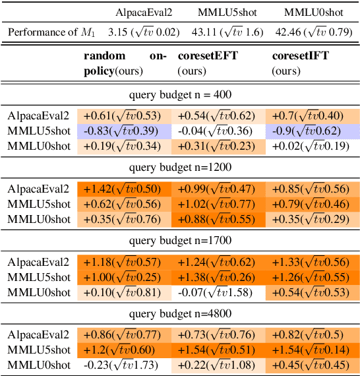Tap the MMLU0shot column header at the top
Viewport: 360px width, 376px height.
pyautogui.click(x=312, y=13)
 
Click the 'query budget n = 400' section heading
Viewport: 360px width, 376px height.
pyautogui.click(x=180, y=94)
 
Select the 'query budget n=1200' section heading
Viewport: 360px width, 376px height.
pyautogui.click(x=180, y=167)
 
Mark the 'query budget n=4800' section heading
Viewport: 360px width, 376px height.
pyautogui.click(x=180, y=313)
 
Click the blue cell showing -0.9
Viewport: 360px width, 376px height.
pyautogui.click(x=313, y=131)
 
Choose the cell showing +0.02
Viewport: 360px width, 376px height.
pyautogui.click(x=313, y=145)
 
